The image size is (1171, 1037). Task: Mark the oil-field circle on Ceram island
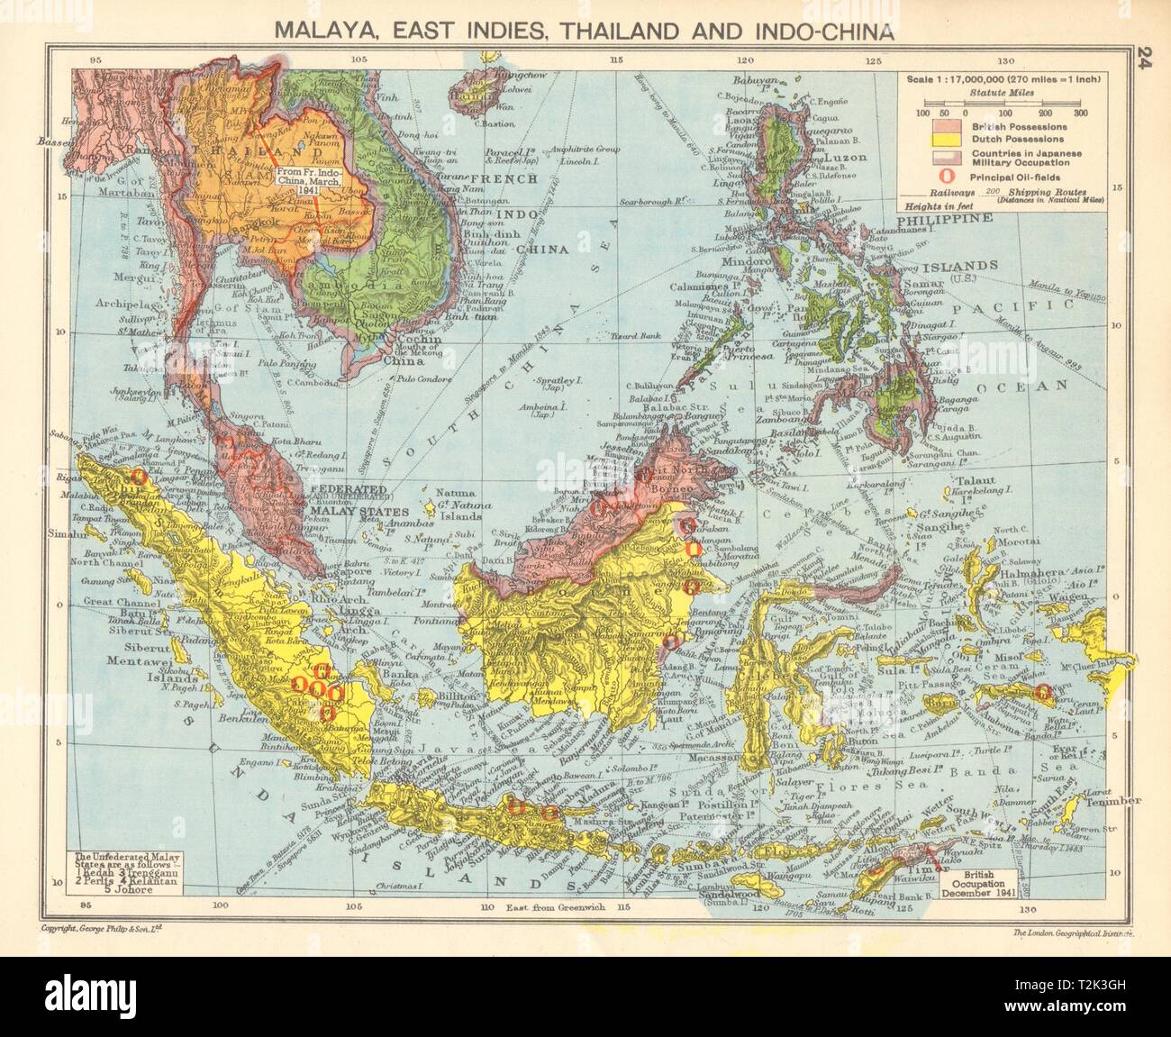coord(1043,693)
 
